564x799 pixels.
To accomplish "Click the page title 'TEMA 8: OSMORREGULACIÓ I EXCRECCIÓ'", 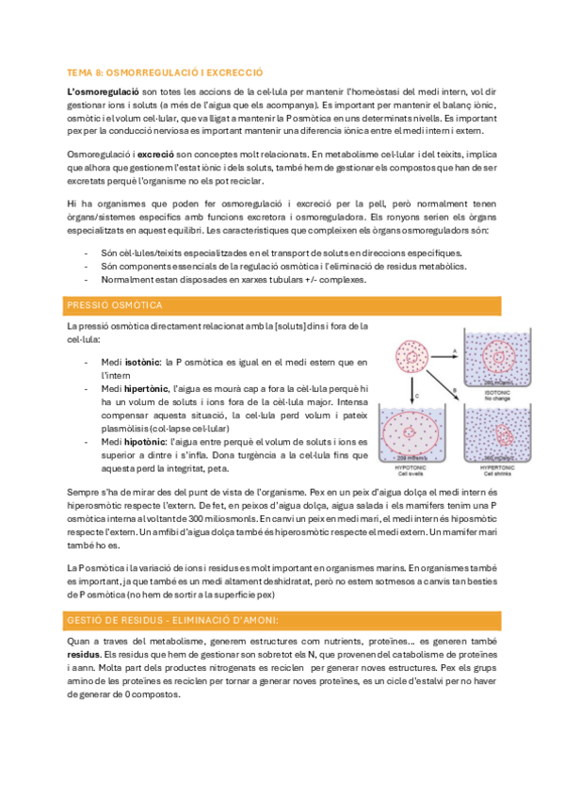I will tap(165, 72).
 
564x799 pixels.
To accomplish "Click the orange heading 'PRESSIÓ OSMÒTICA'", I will tap(114, 305).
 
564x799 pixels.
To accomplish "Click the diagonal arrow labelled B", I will tap(448, 385).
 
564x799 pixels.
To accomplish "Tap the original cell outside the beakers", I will tap(412, 356).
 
